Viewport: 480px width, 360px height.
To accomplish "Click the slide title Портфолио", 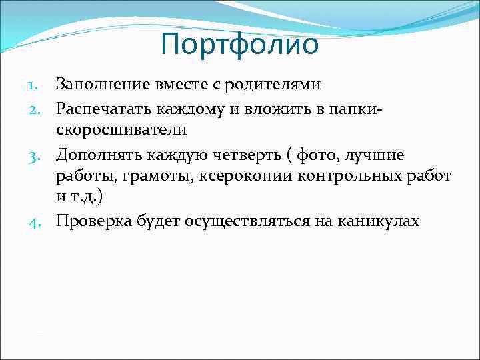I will click(240, 45).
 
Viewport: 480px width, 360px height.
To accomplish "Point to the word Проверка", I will click(93, 221).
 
